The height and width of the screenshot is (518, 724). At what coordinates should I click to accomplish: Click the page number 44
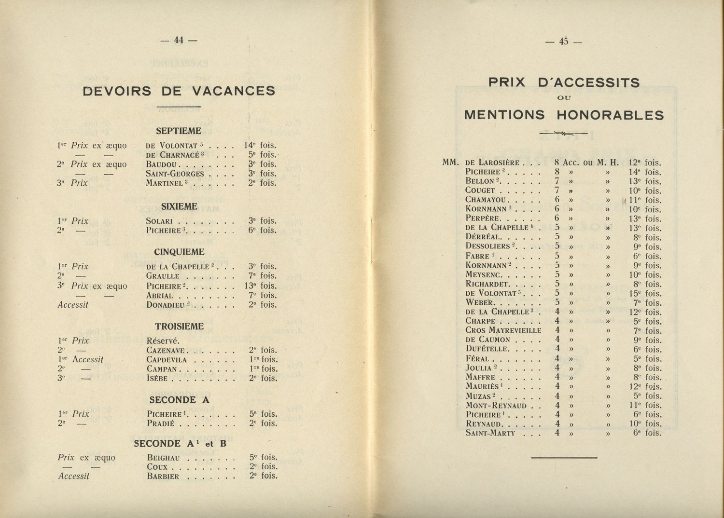179,41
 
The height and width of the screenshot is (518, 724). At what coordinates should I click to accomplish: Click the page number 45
563,42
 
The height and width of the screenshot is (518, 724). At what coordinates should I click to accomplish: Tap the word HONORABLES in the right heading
610,115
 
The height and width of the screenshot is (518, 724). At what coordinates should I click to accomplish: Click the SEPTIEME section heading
178,131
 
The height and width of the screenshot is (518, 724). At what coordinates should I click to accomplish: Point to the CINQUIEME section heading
179,252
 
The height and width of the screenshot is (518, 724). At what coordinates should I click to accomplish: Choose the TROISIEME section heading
179,327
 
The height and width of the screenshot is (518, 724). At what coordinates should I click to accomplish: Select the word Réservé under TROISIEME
163,341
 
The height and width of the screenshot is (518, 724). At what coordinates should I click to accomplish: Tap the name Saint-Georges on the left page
175,174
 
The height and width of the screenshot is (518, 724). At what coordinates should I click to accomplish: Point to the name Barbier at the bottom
163,477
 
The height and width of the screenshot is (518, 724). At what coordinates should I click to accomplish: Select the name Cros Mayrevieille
503,331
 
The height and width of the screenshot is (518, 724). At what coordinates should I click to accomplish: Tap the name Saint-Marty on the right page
490,433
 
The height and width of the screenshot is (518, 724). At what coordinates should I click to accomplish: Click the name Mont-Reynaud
496,406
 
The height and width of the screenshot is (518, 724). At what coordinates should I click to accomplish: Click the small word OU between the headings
564,98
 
